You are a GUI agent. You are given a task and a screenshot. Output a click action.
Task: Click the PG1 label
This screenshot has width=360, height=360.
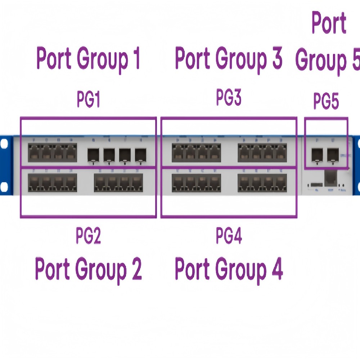click(x=88, y=100)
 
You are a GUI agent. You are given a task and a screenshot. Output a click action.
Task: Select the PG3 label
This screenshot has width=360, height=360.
click(x=228, y=98)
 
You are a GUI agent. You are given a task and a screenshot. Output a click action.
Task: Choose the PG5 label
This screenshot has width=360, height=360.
click(x=326, y=101)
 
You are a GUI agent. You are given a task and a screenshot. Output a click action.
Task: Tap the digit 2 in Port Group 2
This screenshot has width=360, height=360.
click(x=136, y=269)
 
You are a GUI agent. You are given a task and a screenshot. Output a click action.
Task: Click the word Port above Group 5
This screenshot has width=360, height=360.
click(x=329, y=23)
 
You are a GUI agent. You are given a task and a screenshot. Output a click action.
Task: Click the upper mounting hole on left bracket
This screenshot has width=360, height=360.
click(x=4, y=143)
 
